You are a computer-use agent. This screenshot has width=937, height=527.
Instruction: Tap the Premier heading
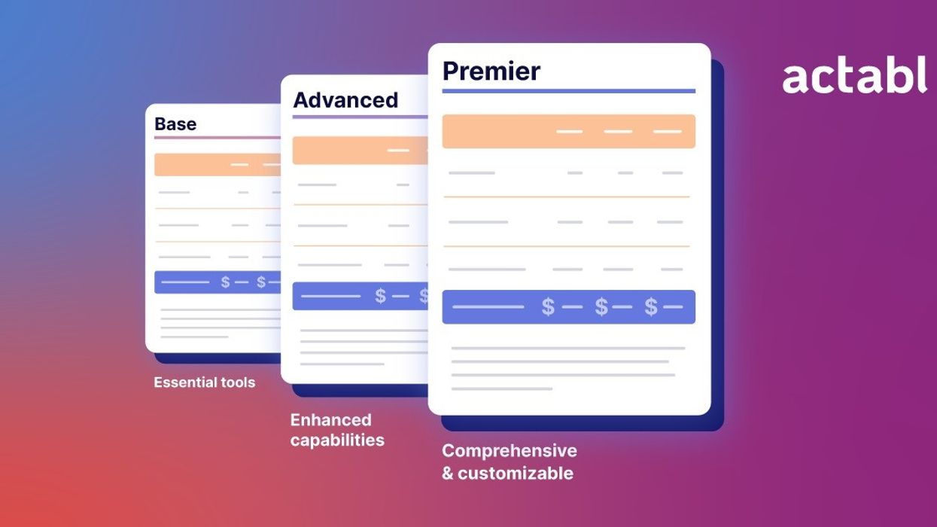click(x=491, y=71)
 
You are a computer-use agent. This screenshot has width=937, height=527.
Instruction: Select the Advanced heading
click(x=345, y=100)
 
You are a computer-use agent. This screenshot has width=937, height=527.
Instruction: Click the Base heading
click(x=175, y=124)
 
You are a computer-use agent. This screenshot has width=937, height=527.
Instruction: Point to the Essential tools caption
click(x=205, y=382)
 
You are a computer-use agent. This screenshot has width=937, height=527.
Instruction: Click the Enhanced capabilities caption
click(x=337, y=430)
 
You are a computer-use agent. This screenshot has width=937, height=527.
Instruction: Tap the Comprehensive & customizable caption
click(x=509, y=462)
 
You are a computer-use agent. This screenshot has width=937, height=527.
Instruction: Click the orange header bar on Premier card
click(x=568, y=132)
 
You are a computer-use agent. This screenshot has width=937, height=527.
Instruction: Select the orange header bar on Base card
click(x=218, y=165)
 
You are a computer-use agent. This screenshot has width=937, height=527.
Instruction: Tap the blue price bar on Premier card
click(x=568, y=307)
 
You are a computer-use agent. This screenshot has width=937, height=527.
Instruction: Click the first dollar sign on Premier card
click(x=548, y=307)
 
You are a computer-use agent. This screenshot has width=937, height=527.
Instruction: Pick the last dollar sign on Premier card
click(x=651, y=307)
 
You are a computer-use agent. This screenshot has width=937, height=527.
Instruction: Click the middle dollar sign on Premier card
click(x=601, y=307)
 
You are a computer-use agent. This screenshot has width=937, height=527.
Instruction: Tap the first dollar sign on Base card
click(x=225, y=282)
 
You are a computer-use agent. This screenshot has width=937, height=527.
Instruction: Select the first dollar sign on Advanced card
click(x=380, y=297)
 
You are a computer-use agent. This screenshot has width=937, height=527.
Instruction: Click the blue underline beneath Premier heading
click(x=568, y=91)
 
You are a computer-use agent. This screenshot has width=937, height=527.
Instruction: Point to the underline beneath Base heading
click(x=218, y=137)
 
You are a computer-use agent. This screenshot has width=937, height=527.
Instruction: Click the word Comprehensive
click(x=509, y=451)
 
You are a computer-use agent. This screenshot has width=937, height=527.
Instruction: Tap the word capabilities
click(x=337, y=440)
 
